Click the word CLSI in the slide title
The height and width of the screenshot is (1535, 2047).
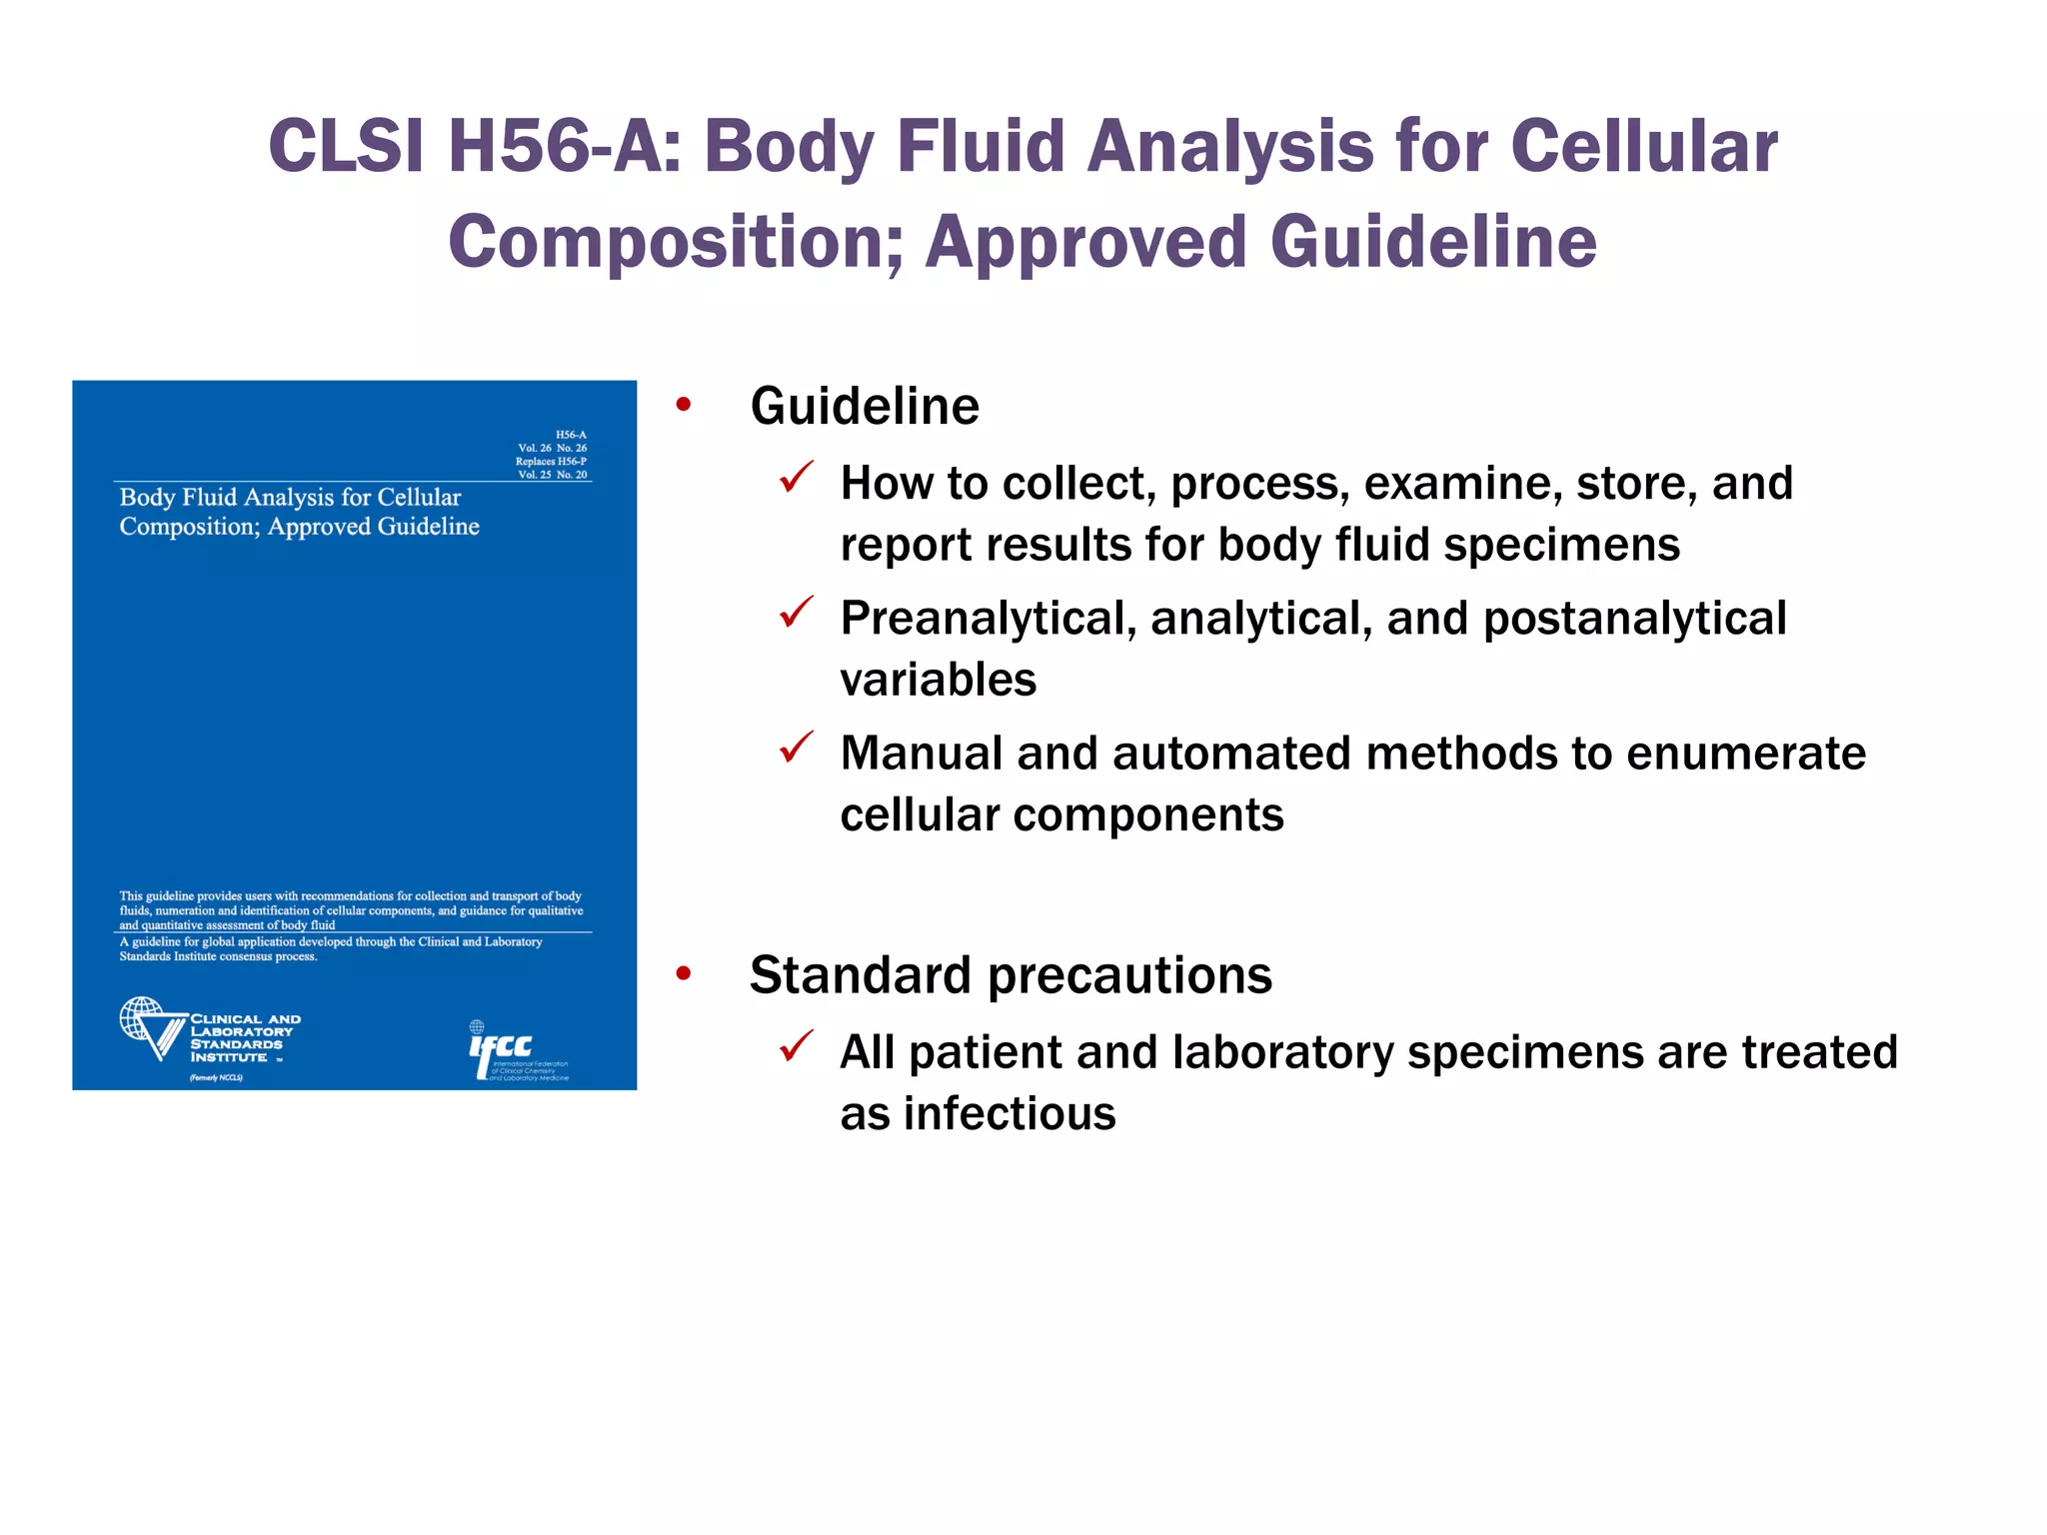346,147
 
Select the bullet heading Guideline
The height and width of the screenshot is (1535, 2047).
865,407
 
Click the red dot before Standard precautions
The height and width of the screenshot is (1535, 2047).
684,973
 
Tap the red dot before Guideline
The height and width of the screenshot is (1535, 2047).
684,405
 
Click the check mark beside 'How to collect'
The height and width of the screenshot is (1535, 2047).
797,478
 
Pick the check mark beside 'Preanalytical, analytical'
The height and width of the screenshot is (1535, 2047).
797,613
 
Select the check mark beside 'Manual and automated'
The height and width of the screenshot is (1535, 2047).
797,748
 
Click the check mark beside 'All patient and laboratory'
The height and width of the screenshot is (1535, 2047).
797,1046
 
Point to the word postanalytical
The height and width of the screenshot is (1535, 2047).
1634,619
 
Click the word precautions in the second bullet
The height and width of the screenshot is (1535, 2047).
1129,975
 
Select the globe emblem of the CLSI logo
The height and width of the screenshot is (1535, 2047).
141,1018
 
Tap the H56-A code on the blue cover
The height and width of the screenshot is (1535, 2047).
571,435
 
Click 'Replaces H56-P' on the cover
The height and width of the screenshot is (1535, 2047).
551,462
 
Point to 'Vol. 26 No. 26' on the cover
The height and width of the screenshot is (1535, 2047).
552,449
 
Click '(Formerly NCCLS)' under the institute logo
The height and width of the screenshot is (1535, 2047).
216,1078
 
